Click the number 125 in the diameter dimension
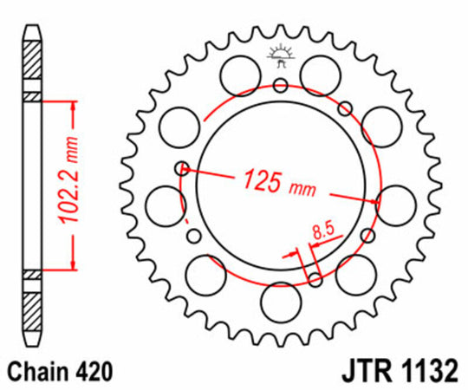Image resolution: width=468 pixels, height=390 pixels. (263, 181)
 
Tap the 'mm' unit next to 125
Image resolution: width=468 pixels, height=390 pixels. (302, 188)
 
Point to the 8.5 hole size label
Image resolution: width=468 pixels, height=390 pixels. (322, 231)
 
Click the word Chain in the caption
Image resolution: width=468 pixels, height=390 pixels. (40, 371)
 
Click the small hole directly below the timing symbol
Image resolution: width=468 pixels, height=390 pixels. (280, 85)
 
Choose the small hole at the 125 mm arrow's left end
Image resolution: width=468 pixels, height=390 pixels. (181, 167)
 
